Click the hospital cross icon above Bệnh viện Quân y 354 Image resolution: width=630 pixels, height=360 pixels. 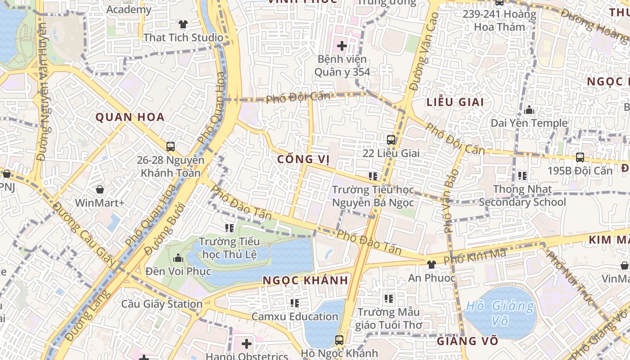[342, 45]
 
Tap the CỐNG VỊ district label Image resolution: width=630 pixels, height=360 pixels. [301, 159]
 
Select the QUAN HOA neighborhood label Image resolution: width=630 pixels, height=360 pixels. [130, 117]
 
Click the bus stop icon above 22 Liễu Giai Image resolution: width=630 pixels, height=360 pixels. [391, 139]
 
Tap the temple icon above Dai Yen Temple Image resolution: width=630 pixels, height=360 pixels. [529, 110]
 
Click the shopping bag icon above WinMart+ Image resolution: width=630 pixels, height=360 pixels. [99, 189]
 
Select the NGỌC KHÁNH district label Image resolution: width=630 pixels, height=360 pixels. [305, 280]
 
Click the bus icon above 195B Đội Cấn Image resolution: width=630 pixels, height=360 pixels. [580, 157]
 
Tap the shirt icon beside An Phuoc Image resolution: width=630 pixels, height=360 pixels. [431, 264]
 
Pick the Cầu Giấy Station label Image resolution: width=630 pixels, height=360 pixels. [162, 304]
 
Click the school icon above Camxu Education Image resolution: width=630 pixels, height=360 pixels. [294, 303]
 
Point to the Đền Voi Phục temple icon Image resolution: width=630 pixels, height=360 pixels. [178, 258]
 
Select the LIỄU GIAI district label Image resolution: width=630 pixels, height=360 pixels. [455, 102]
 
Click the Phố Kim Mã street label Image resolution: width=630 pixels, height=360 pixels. [474, 257]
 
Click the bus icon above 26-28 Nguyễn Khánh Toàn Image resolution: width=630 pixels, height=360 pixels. [171, 146]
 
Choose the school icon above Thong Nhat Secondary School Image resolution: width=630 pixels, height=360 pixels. [522, 175]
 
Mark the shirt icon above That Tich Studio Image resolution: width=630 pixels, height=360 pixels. [183, 24]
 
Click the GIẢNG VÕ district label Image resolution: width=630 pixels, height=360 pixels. [467, 341]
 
